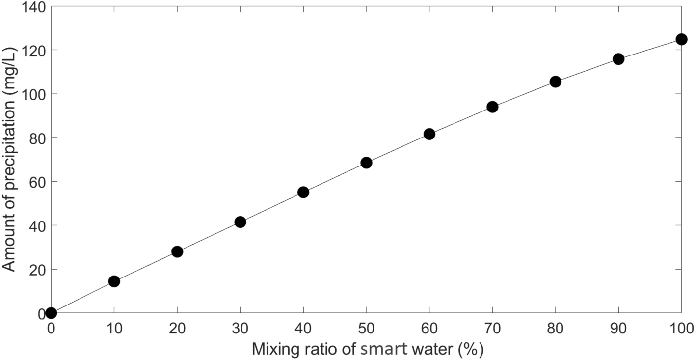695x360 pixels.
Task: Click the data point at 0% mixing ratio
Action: (x=51, y=313)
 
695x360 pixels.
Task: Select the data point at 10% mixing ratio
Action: (x=114, y=281)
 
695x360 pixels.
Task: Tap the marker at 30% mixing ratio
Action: (x=240, y=222)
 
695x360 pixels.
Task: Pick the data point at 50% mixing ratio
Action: (x=366, y=163)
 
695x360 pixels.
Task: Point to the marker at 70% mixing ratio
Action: (x=492, y=107)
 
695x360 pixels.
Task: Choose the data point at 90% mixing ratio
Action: (x=618, y=59)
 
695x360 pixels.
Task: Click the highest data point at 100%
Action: (x=681, y=39)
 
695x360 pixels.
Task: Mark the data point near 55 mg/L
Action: (x=303, y=192)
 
